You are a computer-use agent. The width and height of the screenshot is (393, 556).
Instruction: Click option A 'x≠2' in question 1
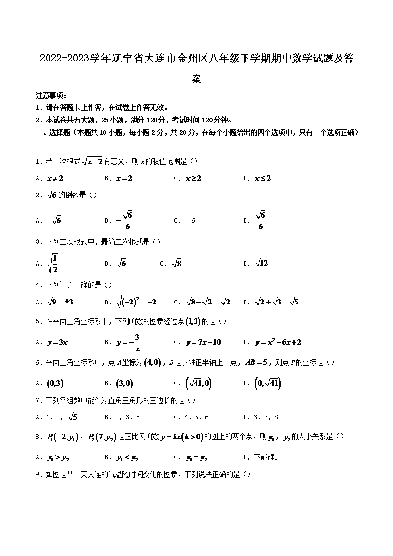[x=55, y=178]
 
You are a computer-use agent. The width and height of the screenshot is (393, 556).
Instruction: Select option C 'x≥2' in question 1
[x=194, y=178]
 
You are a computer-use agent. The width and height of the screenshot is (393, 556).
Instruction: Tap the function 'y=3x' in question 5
[x=57, y=342]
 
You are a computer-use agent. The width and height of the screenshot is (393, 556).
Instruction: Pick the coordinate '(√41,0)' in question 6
[x=197, y=383]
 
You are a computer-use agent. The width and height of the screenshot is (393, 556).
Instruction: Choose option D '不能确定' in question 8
[x=267, y=457]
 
